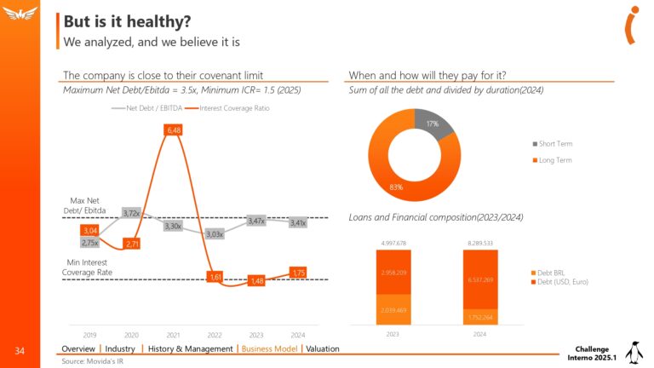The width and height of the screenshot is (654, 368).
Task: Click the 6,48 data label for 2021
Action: [175, 129]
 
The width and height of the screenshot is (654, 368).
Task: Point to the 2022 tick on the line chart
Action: [215, 336]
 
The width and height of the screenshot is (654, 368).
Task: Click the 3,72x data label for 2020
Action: [131, 213]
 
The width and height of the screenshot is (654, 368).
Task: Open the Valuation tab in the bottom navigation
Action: [323, 348]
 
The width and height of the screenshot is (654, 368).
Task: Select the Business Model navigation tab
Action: [269, 348]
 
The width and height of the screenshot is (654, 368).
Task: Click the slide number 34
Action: [20, 350]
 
